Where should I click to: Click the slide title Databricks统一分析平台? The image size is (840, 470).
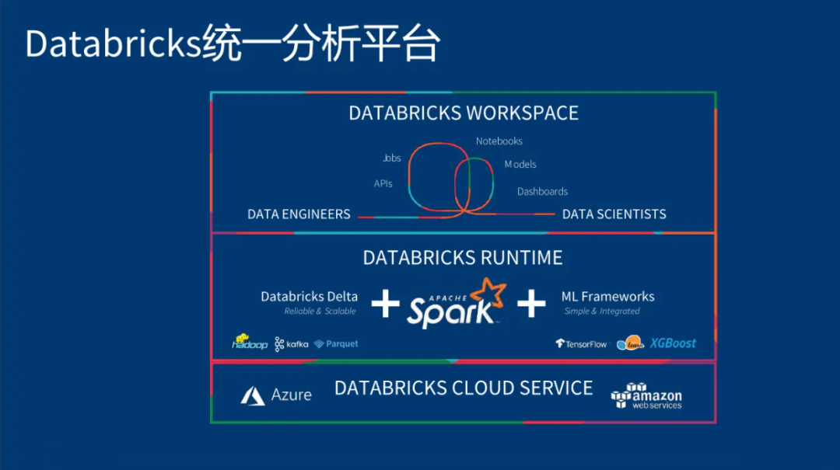(x=233, y=44)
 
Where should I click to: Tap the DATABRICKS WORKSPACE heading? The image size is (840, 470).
(x=463, y=113)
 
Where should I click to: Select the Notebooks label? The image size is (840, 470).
(x=499, y=141)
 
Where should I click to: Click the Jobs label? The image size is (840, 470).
(x=392, y=158)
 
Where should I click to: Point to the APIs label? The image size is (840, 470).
(x=383, y=184)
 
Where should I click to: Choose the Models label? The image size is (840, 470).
(x=520, y=164)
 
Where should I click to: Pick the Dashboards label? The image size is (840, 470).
(x=542, y=191)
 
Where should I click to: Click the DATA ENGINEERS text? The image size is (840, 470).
(x=299, y=214)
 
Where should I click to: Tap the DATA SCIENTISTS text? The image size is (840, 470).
(x=614, y=214)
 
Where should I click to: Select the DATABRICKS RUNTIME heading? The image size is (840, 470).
(x=463, y=257)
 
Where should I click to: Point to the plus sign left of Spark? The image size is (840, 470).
(x=385, y=304)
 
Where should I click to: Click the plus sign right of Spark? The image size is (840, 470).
(x=531, y=304)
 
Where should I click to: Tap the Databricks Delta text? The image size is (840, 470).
(x=309, y=296)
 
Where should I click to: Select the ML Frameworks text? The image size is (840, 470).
(x=607, y=296)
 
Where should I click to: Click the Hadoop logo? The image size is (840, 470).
(x=250, y=343)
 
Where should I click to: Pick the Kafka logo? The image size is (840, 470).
(x=292, y=343)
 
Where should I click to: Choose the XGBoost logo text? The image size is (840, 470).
(x=673, y=343)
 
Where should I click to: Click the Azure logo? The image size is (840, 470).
(x=276, y=395)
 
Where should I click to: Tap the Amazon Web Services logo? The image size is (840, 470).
(x=646, y=395)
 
